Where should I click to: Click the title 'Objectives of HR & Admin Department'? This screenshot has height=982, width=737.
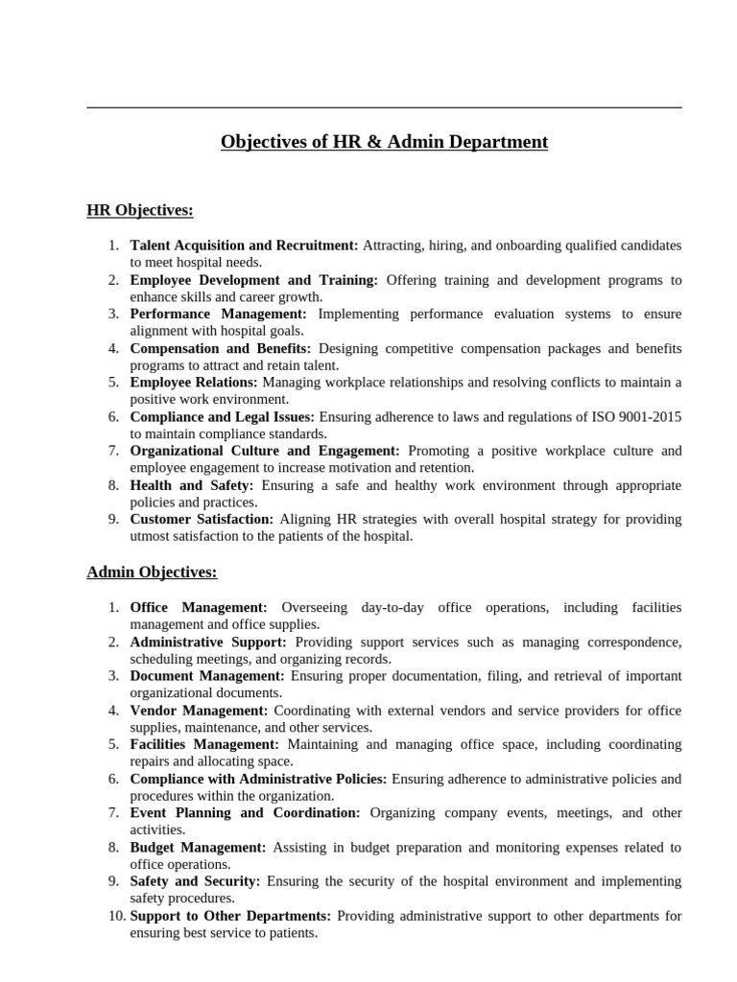(x=384, y=143)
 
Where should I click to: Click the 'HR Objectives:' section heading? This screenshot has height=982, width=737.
(x=140, y=210)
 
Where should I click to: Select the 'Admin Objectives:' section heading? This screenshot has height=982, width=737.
(x=152, y=573)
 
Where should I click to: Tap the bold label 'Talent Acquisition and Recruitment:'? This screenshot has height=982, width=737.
(x=244, y=245)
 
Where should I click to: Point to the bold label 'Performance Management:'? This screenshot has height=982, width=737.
(x=219, y=314)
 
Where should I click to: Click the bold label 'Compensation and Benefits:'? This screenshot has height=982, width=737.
(x=221, y=348)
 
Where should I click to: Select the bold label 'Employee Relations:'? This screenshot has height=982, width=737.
(x=195, y=383)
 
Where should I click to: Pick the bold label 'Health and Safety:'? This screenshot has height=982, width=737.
(x=192, y=485)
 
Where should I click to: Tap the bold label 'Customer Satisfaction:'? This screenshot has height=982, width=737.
(x=202, y=520)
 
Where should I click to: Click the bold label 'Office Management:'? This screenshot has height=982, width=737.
(x=199, y=608)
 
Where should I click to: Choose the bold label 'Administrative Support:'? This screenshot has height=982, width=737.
(x=208, y=642)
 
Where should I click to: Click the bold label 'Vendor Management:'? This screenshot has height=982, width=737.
(x=200, y=711)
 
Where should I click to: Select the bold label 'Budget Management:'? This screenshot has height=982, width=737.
(x=199, y=848)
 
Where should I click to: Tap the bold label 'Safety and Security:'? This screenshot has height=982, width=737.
(x=196, y=881)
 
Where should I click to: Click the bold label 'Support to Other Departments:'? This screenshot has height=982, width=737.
(x=230, y=916)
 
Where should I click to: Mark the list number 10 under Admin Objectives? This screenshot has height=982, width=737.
(x=115, y=916)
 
